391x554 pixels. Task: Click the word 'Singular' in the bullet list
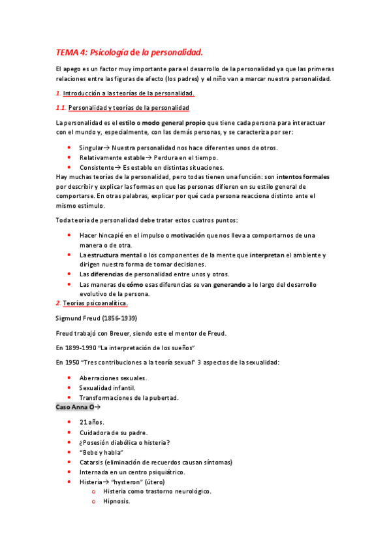[91, 148]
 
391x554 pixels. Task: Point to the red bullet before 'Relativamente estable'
[69, 158]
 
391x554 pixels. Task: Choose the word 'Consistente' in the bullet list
[97, 167]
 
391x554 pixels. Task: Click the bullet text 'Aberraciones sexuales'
[113, 378]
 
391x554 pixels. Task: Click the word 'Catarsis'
[92, 462]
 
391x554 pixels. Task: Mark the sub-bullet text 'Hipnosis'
[117, 501]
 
